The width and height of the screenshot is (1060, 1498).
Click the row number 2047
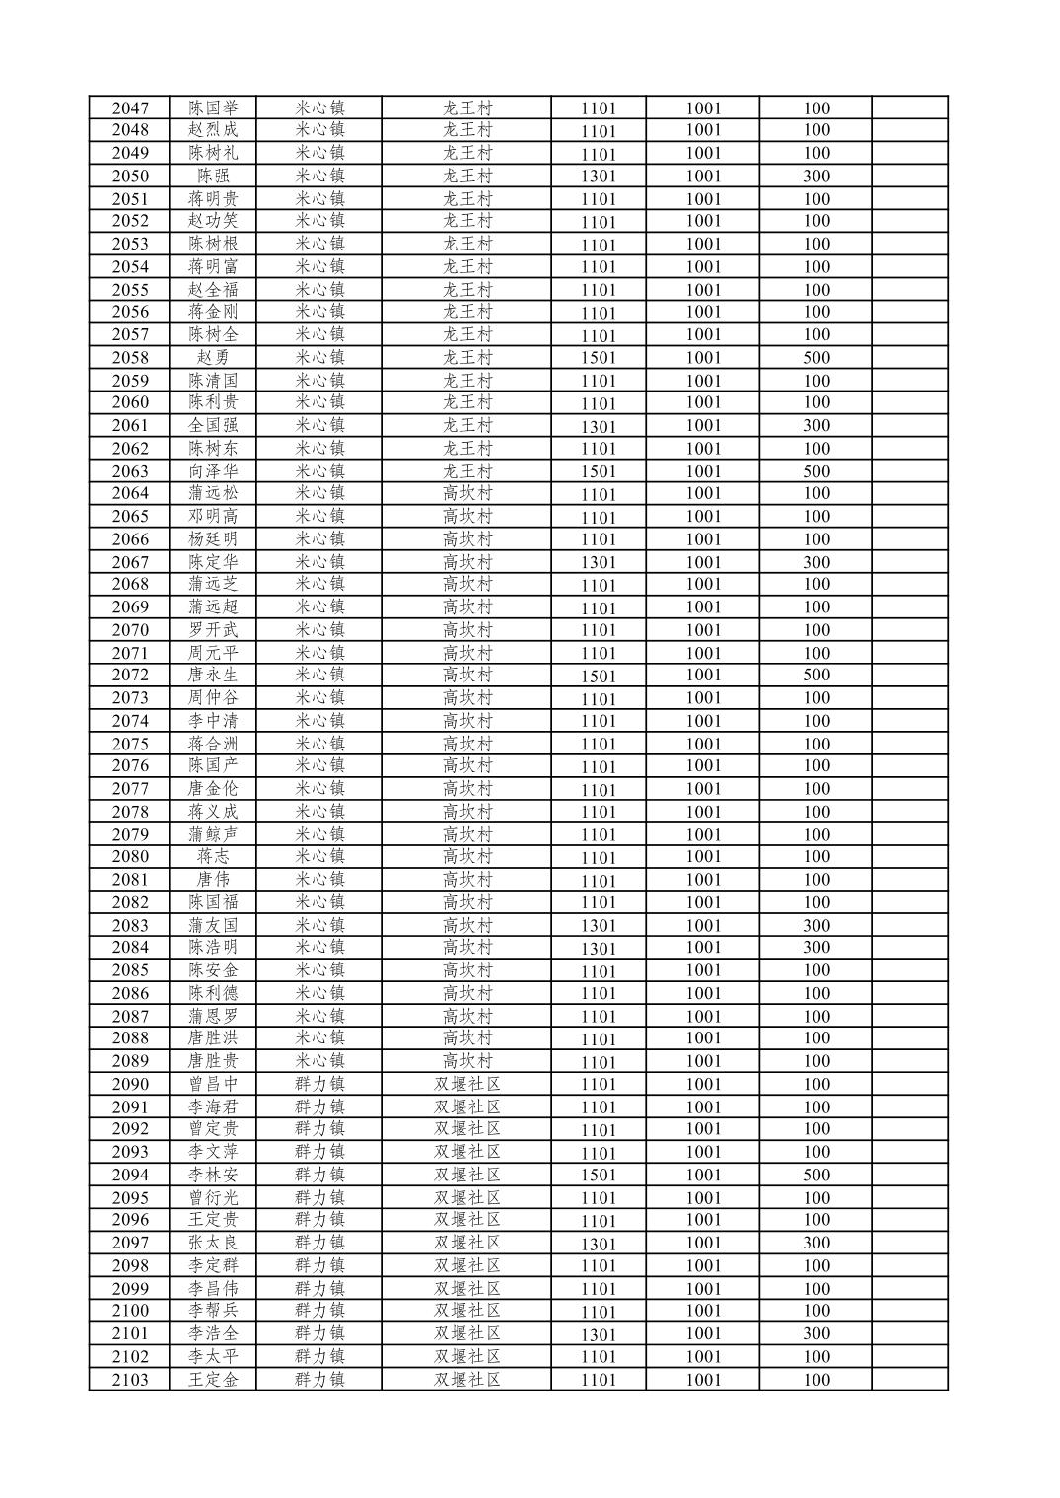[x=130, y=108]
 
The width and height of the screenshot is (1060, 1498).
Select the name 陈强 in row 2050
[x=213, y=177]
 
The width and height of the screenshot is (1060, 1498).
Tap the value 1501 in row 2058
[x=598, y=358]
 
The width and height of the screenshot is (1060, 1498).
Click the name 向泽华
[x=213, y=471]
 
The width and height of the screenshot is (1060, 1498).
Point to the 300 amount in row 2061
[x=815, y=426]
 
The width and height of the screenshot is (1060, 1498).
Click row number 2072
[x=130, y=676]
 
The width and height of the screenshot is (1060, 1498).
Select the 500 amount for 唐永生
[x=815, y=676]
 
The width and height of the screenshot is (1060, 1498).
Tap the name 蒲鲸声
[x=213, y=834]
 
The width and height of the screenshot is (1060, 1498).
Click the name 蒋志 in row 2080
[x=213, y=857]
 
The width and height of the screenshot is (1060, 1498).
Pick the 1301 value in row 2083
[x=598, y=926]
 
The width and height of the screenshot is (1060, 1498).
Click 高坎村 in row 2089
[x=466, y=1062]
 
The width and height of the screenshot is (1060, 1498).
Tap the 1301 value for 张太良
[x=598, y=1244]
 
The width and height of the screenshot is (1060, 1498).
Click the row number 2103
[x=130, y=1380]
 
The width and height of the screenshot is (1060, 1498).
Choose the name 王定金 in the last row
[x=213, y=1380]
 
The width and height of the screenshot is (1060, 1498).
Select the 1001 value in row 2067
[x=703, y=562]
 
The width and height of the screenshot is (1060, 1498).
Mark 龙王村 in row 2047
[x=466, y=108]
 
